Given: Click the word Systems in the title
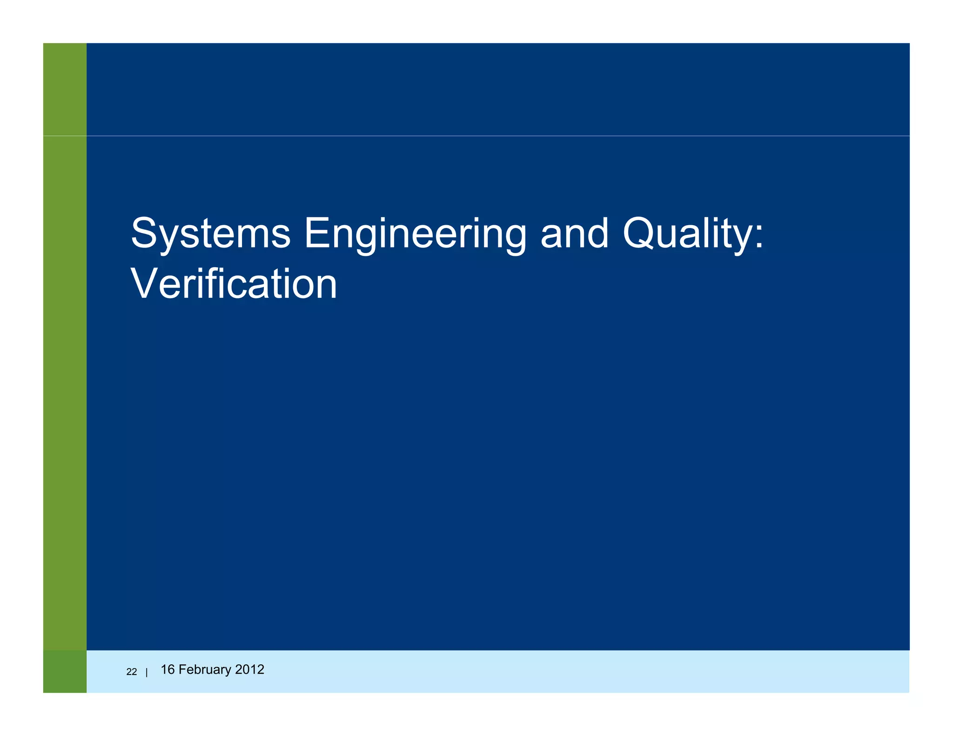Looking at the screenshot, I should (x=211, y=234).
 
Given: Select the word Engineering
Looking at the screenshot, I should (x=415, y=234).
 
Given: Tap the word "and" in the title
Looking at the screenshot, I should (x=574, y=233).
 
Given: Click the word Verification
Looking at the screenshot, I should (x=234, y=284).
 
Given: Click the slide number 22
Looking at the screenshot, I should (x=132, y=672).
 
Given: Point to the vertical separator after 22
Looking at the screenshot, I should (x=147, y=672).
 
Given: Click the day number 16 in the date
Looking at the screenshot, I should (x=167, y=669).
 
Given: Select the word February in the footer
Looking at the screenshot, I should (x=205, y=670).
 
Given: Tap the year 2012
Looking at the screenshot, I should (x=250, y=669).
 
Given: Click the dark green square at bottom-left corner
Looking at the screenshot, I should (x=65, y=671).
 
